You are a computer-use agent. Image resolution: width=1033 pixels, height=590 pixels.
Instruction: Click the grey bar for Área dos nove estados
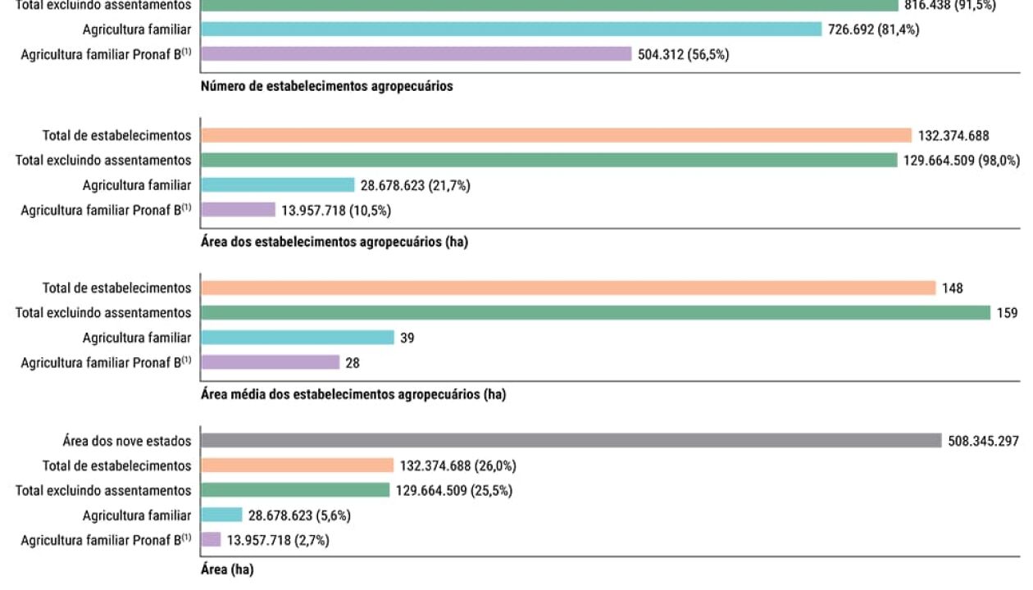click(571, 441)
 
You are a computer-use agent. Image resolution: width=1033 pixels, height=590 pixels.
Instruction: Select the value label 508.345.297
click(983, 441)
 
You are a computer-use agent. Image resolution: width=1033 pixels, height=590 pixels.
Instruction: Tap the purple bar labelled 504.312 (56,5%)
click(416, 54)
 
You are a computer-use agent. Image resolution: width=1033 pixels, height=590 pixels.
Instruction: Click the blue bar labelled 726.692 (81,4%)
click(511, 29)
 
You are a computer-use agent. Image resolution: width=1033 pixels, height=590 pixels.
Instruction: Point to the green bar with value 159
click(595, 312)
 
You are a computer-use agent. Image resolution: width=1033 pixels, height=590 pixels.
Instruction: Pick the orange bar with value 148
click(567, 288)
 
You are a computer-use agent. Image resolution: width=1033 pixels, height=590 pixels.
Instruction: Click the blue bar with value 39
click(298, 337)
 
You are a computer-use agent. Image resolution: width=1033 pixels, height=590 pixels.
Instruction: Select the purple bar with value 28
click(270, 361)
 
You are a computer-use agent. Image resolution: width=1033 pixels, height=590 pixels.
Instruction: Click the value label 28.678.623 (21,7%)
click(415, 185)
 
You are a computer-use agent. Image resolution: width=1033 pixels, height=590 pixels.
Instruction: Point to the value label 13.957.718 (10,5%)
click(336, 210)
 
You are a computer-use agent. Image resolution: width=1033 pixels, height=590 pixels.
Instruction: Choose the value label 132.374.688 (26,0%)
click(457, 465)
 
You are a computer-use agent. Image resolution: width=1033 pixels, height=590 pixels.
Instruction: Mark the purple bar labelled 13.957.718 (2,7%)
click(211, 539)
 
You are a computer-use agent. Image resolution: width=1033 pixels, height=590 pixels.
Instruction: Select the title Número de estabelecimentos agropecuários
click(327, 86)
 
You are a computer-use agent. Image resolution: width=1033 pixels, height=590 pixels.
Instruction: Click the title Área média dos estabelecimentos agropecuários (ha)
click(353, 394)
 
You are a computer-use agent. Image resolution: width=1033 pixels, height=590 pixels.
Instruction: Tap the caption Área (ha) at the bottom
click(227, 570)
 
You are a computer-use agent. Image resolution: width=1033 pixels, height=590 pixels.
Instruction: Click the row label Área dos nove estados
click(126, 441)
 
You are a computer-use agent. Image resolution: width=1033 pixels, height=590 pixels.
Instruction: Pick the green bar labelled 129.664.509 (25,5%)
click(295, 490)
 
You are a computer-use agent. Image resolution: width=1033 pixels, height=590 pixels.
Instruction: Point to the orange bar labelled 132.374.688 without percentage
click(556, 135)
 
